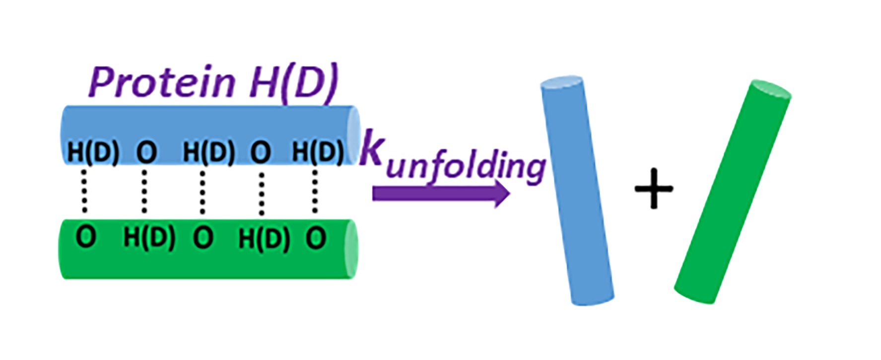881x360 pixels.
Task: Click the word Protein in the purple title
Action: point(162,82)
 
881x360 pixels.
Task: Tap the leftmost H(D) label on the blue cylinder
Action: point(93,152)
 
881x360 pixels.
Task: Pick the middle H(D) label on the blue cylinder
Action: point(208,152)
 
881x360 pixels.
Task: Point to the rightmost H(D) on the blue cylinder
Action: point(318,151)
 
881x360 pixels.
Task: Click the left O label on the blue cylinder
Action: point(146,152)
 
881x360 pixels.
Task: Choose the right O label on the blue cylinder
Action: point(261,152)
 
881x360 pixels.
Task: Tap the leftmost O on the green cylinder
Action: point(86,237)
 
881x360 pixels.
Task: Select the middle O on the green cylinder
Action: point(203,237)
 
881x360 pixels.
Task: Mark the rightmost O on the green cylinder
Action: point(316,238)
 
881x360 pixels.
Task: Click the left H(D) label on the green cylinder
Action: point(149,237)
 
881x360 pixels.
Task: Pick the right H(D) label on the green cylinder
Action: point(264,239)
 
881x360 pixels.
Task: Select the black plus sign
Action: point(654,188)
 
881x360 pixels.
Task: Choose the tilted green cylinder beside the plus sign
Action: point(732,191)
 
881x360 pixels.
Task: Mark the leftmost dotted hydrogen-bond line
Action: point(84,192)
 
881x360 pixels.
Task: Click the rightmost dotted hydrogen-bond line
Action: point(315,192)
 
